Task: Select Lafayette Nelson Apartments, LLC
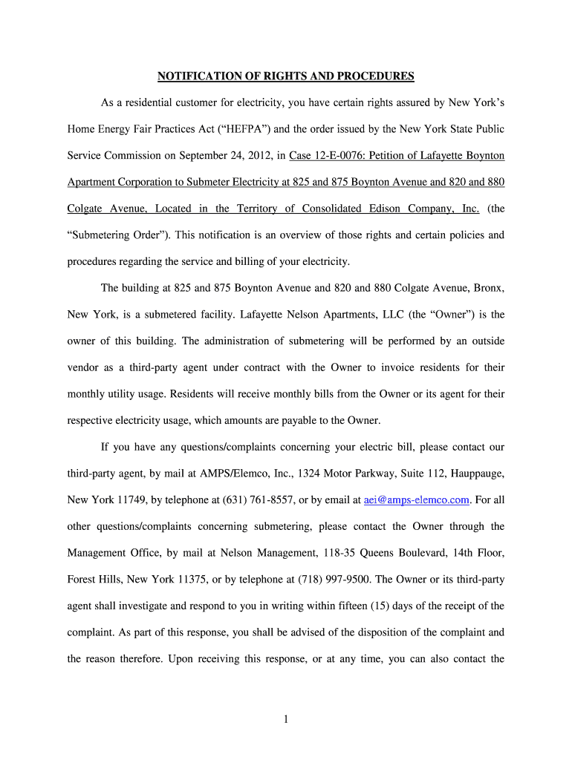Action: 321,315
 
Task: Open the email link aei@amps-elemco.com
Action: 417,500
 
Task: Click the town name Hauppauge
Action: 475,474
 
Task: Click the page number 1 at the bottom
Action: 286,719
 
